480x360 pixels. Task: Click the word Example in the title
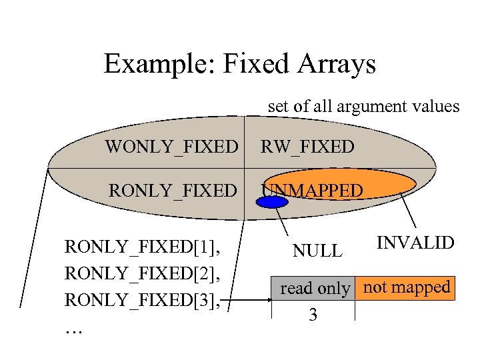pyautogui.click(x=149, y=65)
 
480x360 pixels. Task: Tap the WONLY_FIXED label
pyautogui.click(x=171, y=146)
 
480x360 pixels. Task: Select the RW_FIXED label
pyautogui.click(x=307, y=146)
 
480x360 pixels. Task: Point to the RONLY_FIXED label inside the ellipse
pyautogui.click(x=173, y=191)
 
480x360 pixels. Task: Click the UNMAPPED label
pyautogui.click(x=313, y=191)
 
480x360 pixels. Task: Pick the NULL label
pyautogui.click(x=317, y=251)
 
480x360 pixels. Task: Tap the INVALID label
pyautogui.click(x=415, y=242)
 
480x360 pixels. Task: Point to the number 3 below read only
pyautogui.click(x=313, y=315)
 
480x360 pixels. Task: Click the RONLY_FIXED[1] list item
pyautogui.click(x=143, y=248)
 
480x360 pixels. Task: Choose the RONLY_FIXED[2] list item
pyautogui.click(x=143, y=273)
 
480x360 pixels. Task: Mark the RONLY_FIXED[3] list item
pyautogui.click(x=143, y=299)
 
